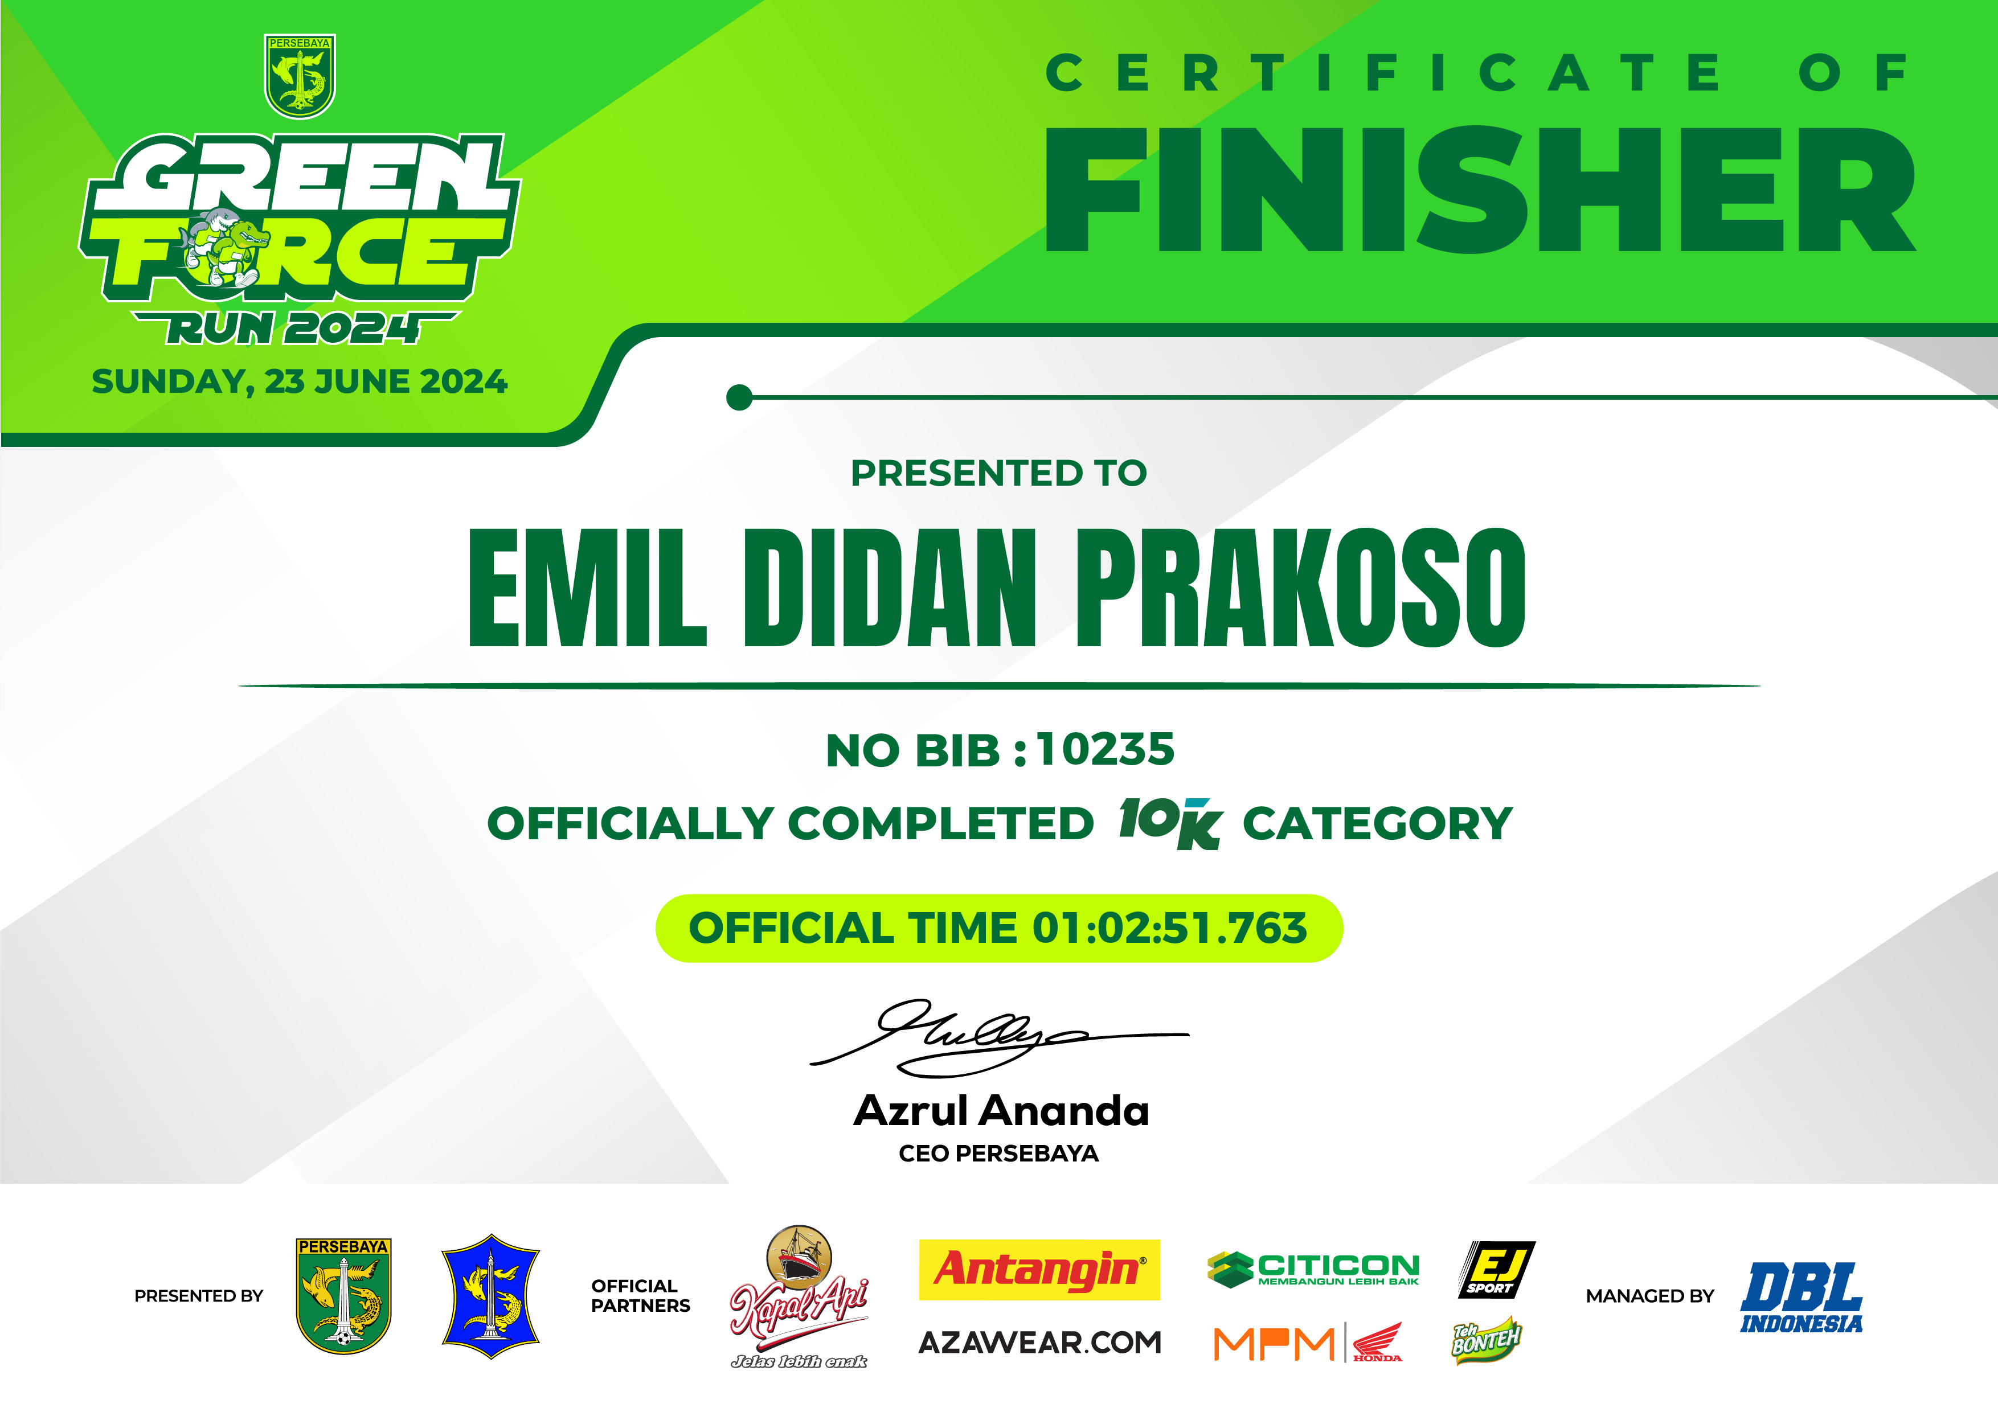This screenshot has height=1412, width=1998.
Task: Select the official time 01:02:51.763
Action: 1169,927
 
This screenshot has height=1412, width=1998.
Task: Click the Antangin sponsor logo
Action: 1039,1269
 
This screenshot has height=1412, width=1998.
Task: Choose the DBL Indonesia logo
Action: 1802,1297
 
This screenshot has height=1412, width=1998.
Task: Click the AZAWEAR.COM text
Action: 1040,1343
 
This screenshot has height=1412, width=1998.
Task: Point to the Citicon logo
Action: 1313,1269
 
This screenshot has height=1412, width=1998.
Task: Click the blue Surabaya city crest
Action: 491,1296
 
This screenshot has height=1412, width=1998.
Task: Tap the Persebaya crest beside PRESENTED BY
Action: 344,1296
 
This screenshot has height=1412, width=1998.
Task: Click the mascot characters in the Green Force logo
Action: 223,247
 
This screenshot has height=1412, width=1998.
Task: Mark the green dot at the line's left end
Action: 739,397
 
